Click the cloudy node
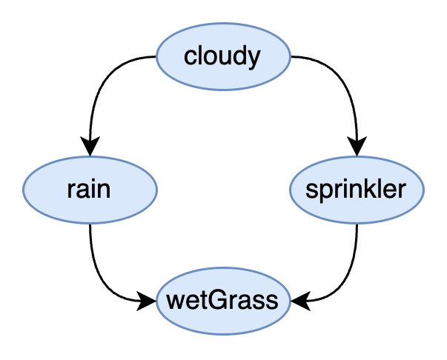(x=223, y=57)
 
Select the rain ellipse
(x=90, y=190)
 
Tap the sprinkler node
(x=357, y=190)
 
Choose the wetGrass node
(x=223, y=301)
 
